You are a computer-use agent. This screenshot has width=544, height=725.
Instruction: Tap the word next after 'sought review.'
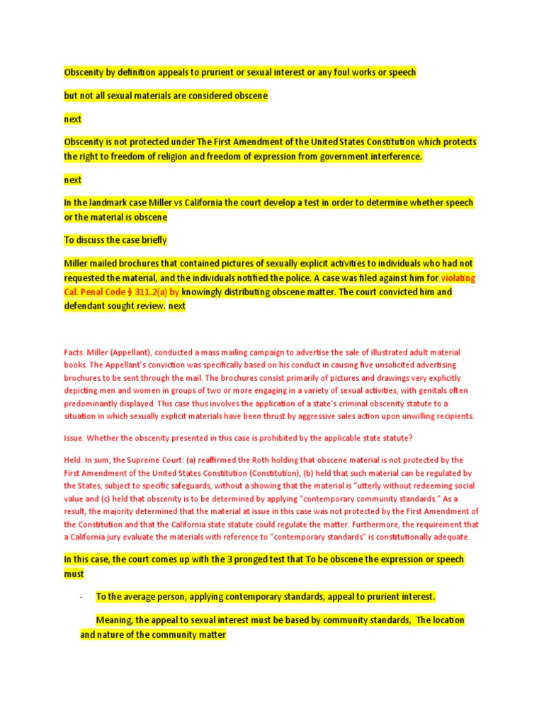point(176,306)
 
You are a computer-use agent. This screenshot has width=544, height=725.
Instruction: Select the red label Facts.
point(74,353)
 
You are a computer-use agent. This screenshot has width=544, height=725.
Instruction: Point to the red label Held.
point(74,460)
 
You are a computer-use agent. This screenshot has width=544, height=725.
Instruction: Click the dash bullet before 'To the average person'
point(81,597)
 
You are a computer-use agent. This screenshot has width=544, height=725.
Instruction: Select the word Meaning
point(114,620)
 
